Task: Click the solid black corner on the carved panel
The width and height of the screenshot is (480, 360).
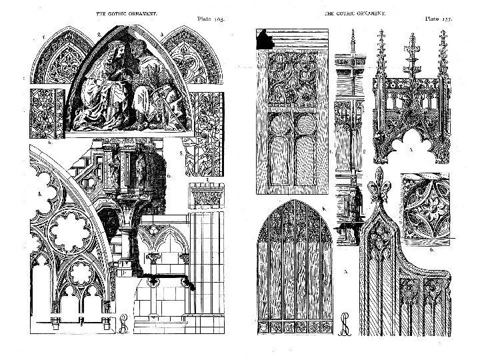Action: tap(263, 37)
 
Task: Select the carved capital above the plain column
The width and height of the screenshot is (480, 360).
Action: tap(200, 195)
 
